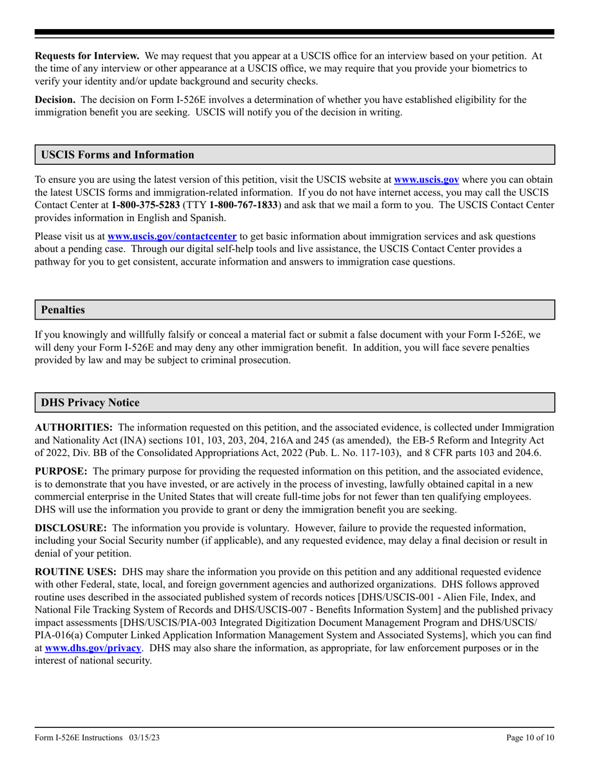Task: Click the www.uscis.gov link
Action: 427,180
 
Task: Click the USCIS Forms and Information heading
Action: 117,155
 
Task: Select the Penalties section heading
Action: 63,310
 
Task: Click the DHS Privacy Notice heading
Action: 90,403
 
